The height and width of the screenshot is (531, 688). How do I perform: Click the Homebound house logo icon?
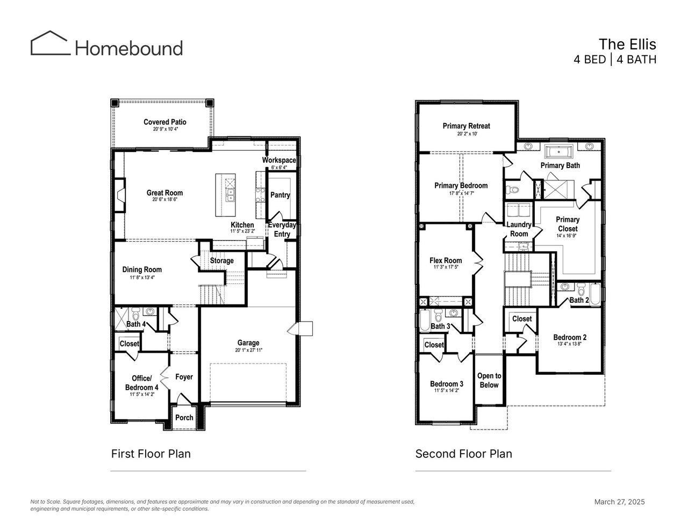[x=51, y=43]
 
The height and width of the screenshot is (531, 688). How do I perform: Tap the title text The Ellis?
[x=627, y=44]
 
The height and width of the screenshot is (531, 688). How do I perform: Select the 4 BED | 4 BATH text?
[x=615, y=60]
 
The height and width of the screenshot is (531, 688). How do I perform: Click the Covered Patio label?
[x=165, y=122]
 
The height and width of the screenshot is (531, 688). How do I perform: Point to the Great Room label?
[x=164, y=193]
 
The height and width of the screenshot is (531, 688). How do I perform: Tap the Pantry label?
[x=280, y=195]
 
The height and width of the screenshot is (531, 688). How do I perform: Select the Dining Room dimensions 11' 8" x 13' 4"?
[x=142, y=278]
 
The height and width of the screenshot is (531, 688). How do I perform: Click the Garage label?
[x=248, y=343]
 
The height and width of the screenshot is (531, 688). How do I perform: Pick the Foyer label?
[x=184, y=377]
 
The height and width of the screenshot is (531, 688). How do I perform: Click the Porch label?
[x=184, y=417]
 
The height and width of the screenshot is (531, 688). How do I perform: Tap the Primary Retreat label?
[x=466, y=126]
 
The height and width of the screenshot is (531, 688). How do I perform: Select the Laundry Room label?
[x=519, y=229]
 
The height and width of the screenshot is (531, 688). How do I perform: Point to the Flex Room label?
[x=446, y=260]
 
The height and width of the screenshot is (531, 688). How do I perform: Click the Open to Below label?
[x=489, y=380]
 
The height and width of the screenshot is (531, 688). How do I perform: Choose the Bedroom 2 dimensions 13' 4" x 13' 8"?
[x=570, y=344]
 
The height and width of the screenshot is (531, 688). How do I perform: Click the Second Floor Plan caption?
[x=463, y=454]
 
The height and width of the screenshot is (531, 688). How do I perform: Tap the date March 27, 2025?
[x=619, y=502]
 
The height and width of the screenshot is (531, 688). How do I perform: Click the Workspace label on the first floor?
[x=279, y=160]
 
